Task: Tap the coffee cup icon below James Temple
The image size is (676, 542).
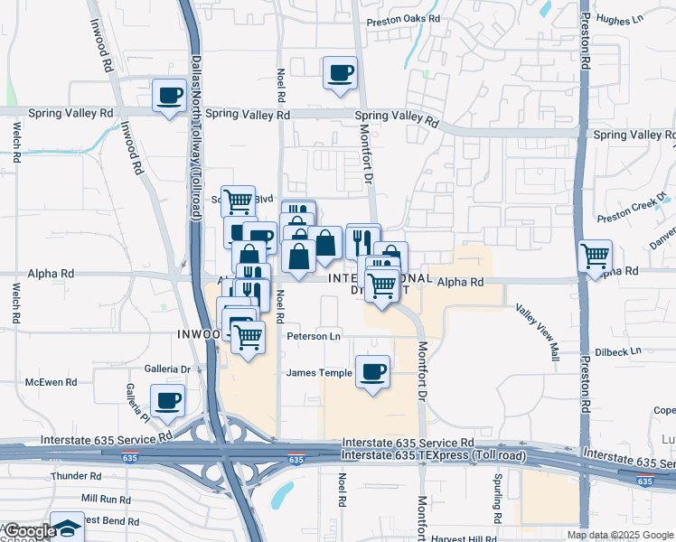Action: click(x=372, y=370)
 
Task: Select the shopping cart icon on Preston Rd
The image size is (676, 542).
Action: click(x=595, y=257)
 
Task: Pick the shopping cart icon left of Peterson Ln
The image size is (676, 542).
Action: click(x=247, y=337)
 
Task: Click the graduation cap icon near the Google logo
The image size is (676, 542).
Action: click(x=67, y=528)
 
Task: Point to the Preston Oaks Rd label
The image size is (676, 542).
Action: click(x=402, y=19)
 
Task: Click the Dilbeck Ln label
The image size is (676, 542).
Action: click(x=619, y=350)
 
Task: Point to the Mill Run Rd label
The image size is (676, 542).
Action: click(x=106, y=499)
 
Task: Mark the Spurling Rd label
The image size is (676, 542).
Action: click(x=496, y=499)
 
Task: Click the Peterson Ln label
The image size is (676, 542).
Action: click(x=314, y=337)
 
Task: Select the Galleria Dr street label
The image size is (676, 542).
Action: click(x=167, y=369)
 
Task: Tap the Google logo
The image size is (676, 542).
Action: click(x=29, y=531)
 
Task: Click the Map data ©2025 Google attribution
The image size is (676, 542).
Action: click(x=620, y=535)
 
